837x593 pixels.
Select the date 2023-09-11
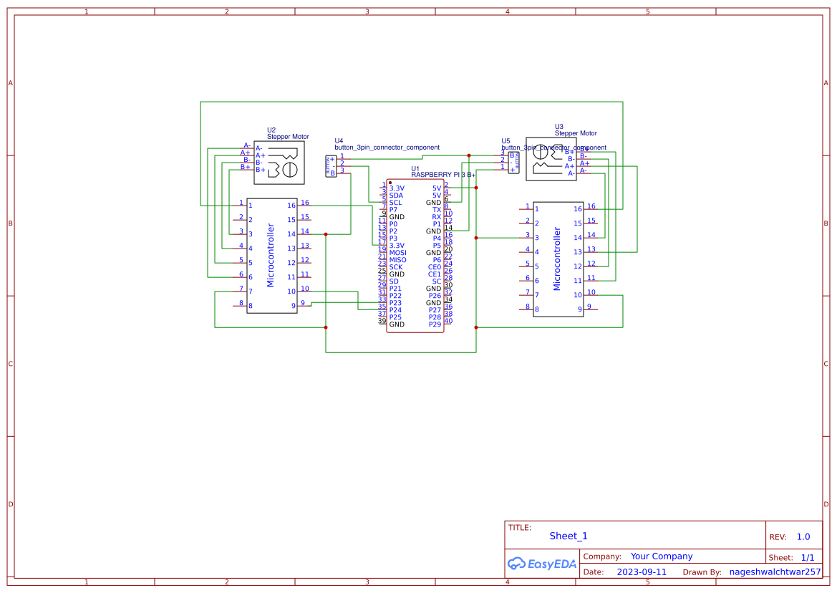642,572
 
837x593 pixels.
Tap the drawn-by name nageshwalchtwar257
775,572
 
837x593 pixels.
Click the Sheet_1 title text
569,536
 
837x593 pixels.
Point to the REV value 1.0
803,536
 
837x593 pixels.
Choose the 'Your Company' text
661,556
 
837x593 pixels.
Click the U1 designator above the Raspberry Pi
415,169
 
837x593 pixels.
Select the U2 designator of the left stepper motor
271,130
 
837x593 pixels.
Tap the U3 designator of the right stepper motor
559,127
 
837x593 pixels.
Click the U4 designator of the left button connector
339,141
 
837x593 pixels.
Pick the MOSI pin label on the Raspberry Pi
397,253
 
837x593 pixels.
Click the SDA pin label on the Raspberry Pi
396,196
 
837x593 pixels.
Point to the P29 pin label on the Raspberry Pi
435,324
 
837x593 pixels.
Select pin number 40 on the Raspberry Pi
448,321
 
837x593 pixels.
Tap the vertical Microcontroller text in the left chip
271,255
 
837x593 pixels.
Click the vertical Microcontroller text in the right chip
557,259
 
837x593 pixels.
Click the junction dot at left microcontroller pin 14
326,234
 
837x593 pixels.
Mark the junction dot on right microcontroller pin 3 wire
476,237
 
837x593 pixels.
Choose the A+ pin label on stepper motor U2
260,155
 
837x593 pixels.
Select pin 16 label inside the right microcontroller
578,209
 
